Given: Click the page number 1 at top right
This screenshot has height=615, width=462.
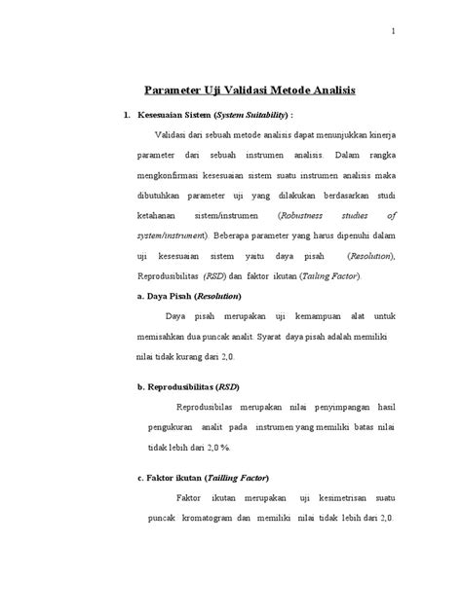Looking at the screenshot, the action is (393, 30).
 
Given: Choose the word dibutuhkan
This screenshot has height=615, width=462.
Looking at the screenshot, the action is (163, 196).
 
